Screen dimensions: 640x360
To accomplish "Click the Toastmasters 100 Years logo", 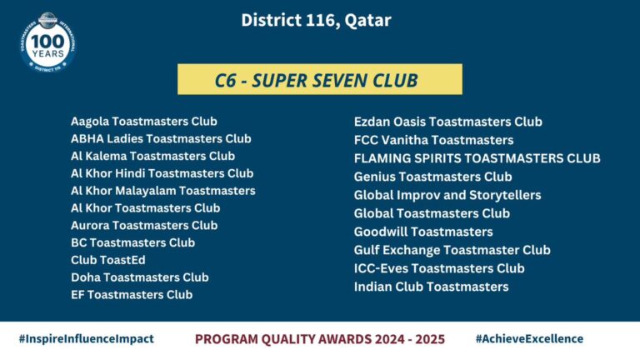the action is (x=47, y=42).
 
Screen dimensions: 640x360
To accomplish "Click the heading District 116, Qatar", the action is (x=317, y=20).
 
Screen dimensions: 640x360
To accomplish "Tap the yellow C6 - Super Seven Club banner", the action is (x=320, y=79).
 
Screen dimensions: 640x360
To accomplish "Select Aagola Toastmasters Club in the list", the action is (x=144, y=122).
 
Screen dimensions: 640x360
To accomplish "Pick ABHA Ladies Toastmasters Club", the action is (x=161, y=139).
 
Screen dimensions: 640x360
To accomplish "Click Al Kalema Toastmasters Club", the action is (x=152, y=157).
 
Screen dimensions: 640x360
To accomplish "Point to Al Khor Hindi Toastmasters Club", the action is (x=162, y=173).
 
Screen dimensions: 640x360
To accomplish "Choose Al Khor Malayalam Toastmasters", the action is (x=162, y=191).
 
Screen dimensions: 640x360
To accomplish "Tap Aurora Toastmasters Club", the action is (x=144, y=225).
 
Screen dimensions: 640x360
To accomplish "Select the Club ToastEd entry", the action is (x=108, y=260).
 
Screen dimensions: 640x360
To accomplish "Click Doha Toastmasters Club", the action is (x=140, y=277).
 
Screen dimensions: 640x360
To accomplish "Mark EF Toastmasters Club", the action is (x=132, y=295).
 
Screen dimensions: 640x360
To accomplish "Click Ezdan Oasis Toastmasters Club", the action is (x=448, y=122).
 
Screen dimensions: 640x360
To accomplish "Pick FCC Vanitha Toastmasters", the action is (x=433, y=140).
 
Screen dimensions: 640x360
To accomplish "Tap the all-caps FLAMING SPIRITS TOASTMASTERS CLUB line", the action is (x=477, y=158).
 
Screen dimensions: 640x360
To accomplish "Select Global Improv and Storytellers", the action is (x=447, y=195).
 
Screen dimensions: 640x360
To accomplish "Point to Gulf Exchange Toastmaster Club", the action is (x=452, y=250).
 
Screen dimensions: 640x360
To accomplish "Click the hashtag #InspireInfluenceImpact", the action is (x=87, y=339).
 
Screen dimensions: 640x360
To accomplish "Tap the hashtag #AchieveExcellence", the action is (x=529, y=339).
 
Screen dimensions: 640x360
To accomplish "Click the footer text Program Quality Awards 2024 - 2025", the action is (x=320, y=339).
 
